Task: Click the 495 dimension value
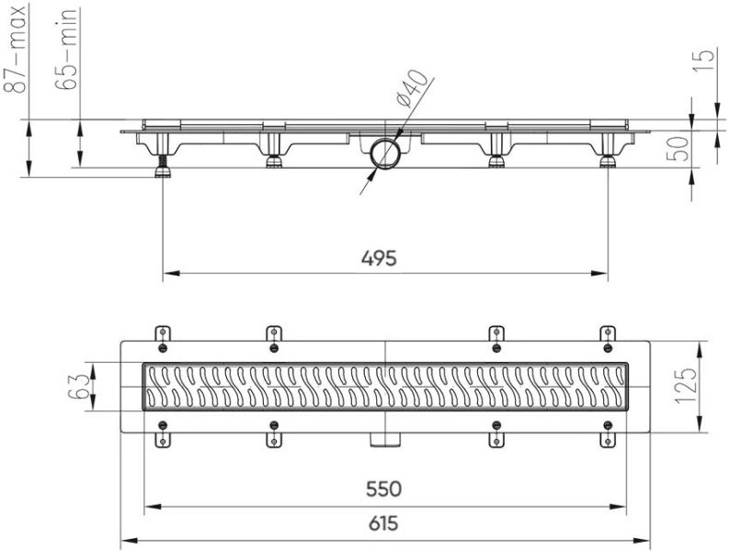point(379,258)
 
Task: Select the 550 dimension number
point(383,489)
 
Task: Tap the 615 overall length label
point(383,523)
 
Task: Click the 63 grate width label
point(76,388)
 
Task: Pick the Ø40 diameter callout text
point(410,88)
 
